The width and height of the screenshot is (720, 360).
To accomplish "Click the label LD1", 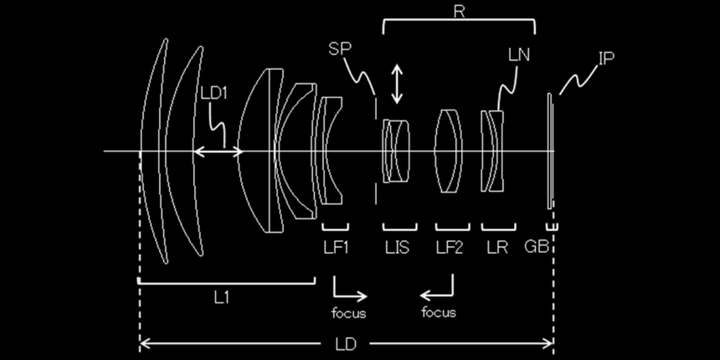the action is tap(214, 93).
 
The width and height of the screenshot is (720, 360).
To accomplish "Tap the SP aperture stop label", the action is tap(339, 49).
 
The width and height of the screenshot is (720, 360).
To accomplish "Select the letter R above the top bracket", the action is tap(459, 11).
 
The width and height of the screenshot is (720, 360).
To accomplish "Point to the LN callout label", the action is tap(519, 55).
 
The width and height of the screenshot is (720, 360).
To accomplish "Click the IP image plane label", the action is tap(605, 59).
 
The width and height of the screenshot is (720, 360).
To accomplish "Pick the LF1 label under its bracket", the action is tap(336, 248).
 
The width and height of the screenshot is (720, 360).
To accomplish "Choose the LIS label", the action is tap(397, 248).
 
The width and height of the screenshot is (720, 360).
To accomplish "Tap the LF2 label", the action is tap(450, 248).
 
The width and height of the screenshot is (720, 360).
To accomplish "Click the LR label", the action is tap(498, 248).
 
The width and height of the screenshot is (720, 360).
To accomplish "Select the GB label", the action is tap(537, 247).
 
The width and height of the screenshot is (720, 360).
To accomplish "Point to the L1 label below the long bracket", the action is tap(222, 298).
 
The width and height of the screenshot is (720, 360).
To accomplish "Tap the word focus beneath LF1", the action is tap(349, 313).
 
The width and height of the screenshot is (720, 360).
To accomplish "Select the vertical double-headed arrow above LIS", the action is tap(397, 84).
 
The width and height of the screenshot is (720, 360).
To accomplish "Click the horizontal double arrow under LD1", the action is tap(218, 152).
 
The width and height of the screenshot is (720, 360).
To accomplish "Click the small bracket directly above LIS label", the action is tap(399, 227).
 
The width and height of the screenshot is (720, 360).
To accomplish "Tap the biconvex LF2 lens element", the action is tap(449, 151).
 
